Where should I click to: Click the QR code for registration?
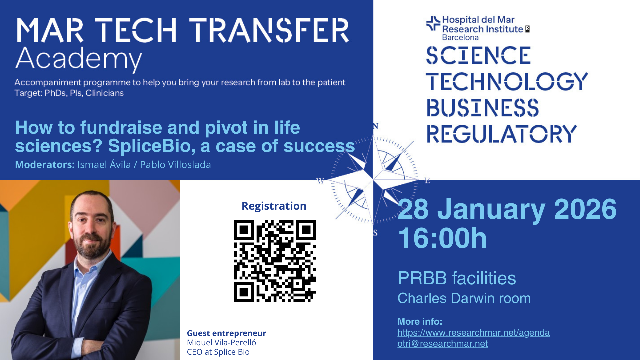275,261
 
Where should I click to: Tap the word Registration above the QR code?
274,206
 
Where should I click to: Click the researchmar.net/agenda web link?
473,333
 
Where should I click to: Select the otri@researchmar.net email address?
442,344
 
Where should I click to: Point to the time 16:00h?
442,238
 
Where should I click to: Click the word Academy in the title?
79,59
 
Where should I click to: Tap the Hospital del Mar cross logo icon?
433,23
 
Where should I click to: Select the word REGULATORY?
502,134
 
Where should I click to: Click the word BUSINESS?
483,107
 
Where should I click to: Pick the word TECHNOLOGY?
507,81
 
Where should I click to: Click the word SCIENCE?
478,55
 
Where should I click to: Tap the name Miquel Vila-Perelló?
221,343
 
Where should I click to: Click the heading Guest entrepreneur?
226,333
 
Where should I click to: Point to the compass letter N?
376,126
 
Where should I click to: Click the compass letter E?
427,181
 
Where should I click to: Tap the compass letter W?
320,181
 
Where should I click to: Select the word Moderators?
45,165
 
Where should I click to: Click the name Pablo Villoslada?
175,165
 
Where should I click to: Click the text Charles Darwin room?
464,298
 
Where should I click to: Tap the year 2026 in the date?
585,209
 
